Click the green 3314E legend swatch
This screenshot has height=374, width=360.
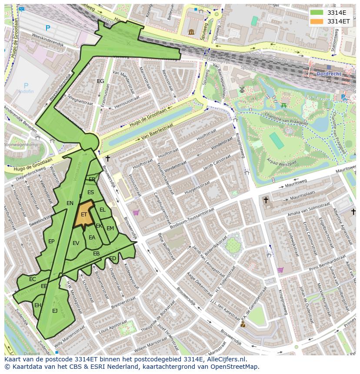(317, 13)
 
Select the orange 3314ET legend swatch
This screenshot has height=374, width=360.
(317, 21)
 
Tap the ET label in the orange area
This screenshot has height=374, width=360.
(84, 215)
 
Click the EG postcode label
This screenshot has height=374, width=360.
(100, 81)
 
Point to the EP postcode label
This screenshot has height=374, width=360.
(51, 242)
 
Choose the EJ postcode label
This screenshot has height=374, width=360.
(55, 311)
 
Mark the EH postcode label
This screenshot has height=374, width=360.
(38, 305)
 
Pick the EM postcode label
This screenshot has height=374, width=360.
(110, 228)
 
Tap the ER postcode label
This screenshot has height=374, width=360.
(92, 179)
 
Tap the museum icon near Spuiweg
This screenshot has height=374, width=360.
(191, 32)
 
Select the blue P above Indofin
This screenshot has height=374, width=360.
(26, 86)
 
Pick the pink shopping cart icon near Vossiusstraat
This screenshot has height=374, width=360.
(136, 213)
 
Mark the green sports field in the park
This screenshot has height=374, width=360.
(276, 141)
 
